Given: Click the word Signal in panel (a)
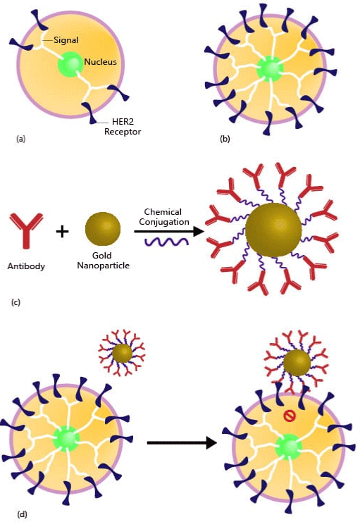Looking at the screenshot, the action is pos(66,40).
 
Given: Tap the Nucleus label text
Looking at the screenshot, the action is pos(100,62).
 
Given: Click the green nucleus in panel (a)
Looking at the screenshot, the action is pos(70,64).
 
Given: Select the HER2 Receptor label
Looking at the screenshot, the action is pos(123,127).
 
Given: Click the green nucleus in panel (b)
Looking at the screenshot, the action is pos(270,68).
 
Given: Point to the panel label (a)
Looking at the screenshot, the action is pos(20,139).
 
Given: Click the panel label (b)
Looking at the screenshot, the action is pos(225,139).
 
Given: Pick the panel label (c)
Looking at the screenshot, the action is pos(15,302).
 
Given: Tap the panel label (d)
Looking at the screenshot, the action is pos(22,514).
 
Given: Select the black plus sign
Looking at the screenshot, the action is pos(62,231).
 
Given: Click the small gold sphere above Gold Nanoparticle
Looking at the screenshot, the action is pos(103,229).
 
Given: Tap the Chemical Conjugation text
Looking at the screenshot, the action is pos(164,217).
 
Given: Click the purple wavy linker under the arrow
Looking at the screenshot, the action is pos(166,242).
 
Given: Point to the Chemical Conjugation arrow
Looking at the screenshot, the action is pos(168,231).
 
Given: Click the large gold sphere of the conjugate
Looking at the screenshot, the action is pos(273,230).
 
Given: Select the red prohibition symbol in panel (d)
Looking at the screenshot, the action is pos(290,416).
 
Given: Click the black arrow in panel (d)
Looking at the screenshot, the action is pos(182,443).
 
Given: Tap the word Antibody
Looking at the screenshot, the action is pos(26,266).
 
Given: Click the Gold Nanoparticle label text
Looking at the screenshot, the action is pos(103,261).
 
